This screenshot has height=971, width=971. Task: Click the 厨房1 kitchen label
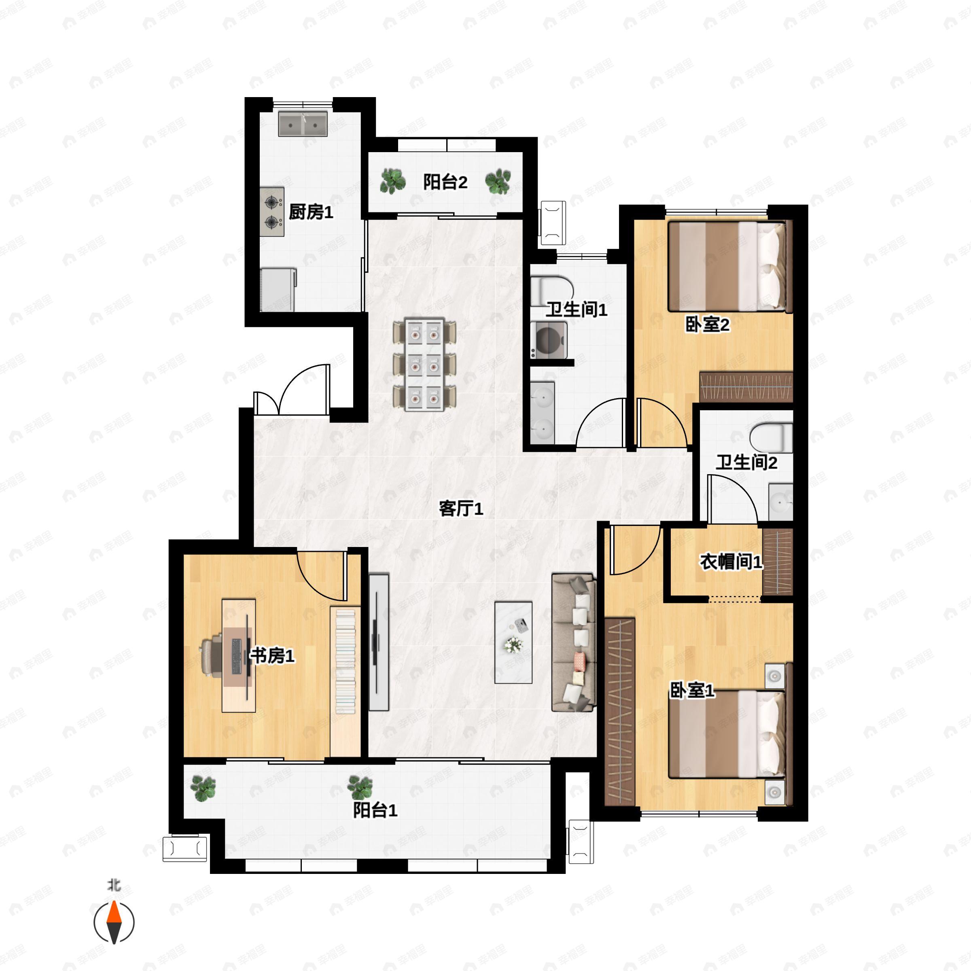311,212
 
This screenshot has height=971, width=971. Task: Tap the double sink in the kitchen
303,124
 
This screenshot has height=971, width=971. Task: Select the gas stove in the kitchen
272,212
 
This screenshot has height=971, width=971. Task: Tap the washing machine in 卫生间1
549,340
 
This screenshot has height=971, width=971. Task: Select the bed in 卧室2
727,266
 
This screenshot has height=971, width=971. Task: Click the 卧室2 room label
707,324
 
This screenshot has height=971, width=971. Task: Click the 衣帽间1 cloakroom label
731,562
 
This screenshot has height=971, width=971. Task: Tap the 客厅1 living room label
460,509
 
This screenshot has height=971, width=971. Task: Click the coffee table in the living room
513,642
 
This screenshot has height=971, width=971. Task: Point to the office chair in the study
212,656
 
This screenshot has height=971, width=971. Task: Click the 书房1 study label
272,655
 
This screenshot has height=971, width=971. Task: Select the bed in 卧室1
727,735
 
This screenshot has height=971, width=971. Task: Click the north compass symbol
114,922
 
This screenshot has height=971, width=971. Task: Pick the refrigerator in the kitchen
278,290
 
